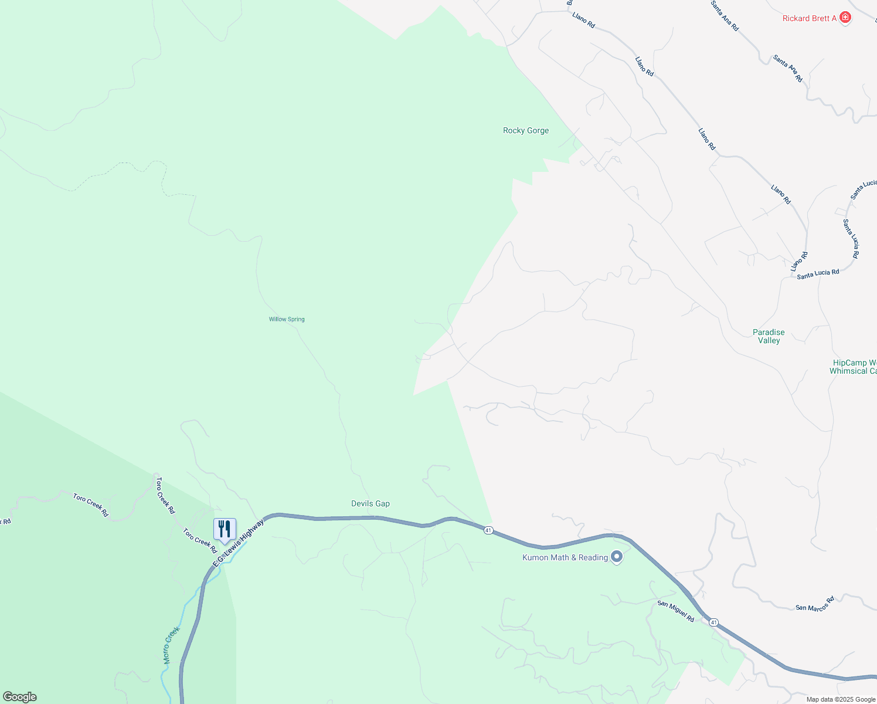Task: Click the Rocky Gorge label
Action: click(x=526, y=130)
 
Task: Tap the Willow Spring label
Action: click(x=287, y=319)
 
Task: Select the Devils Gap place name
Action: click(x=370, y=503)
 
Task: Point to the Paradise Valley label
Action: click(x=769, y=336)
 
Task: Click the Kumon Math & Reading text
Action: click(x=565, y=557)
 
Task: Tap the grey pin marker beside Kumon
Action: click(x=616, y=557)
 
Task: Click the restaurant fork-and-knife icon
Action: click(x=225, y=529)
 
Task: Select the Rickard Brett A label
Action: click(x=810, y=18)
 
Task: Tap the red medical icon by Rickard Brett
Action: click(x=845, y=18)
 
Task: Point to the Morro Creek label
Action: click(x=171, y=645)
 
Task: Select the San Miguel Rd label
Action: click(x=675, y=611)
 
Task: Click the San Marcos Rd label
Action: click(x=815, y=604)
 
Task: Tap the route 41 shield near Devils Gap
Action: click(x=488, y=530)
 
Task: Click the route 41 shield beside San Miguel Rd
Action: click(x=713, y=622)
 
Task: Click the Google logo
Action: click(x=20, y=697)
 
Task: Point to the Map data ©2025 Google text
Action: click(x=841, y=699)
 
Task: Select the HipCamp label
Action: click(x=854, y=367)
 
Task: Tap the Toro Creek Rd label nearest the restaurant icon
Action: click(x=200, y=541)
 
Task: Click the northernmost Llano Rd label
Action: click(x=583, y=21)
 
